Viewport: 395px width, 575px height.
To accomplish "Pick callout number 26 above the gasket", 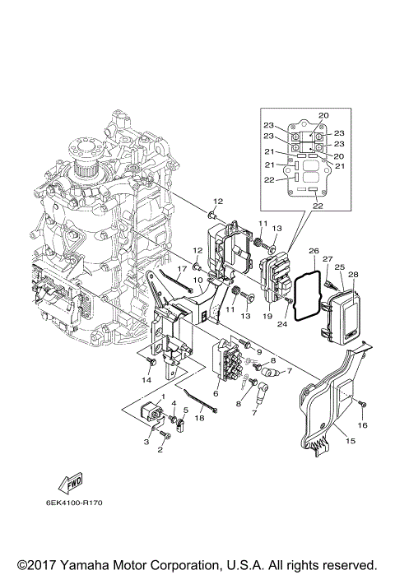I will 313,250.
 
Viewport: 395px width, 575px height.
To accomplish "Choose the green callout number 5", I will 186,409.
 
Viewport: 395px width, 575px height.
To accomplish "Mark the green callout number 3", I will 146,443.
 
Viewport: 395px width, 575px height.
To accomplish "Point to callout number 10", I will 197,281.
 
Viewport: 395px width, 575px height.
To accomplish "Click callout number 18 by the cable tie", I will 198,418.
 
